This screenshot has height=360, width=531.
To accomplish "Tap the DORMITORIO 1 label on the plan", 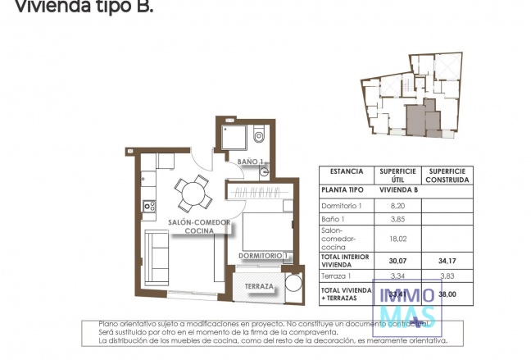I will (x=263, y=256).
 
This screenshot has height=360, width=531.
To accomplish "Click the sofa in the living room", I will (x=157, y=254).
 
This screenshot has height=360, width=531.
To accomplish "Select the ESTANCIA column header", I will (x=347, y=172).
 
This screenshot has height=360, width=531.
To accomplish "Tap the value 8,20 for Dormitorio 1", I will (x=397, y=204).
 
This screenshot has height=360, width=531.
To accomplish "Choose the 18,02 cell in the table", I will (x=397, y=239).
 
